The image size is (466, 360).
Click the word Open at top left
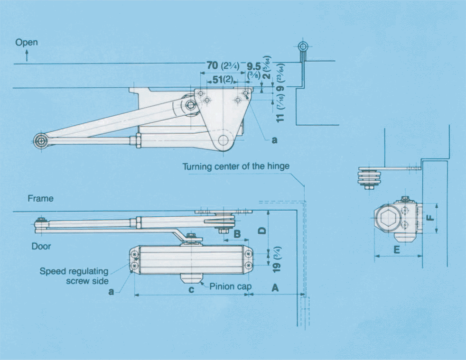point(27,43)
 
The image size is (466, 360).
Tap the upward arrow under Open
point(27,56)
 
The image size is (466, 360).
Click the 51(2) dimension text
point(223,80)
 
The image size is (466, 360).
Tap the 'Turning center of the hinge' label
point(236,166)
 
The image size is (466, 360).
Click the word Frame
point(40,199)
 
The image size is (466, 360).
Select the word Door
point(41,246)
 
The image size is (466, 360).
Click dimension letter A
point(274,287)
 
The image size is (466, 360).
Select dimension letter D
point(261,231)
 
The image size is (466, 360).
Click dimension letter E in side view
point(397,249)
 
